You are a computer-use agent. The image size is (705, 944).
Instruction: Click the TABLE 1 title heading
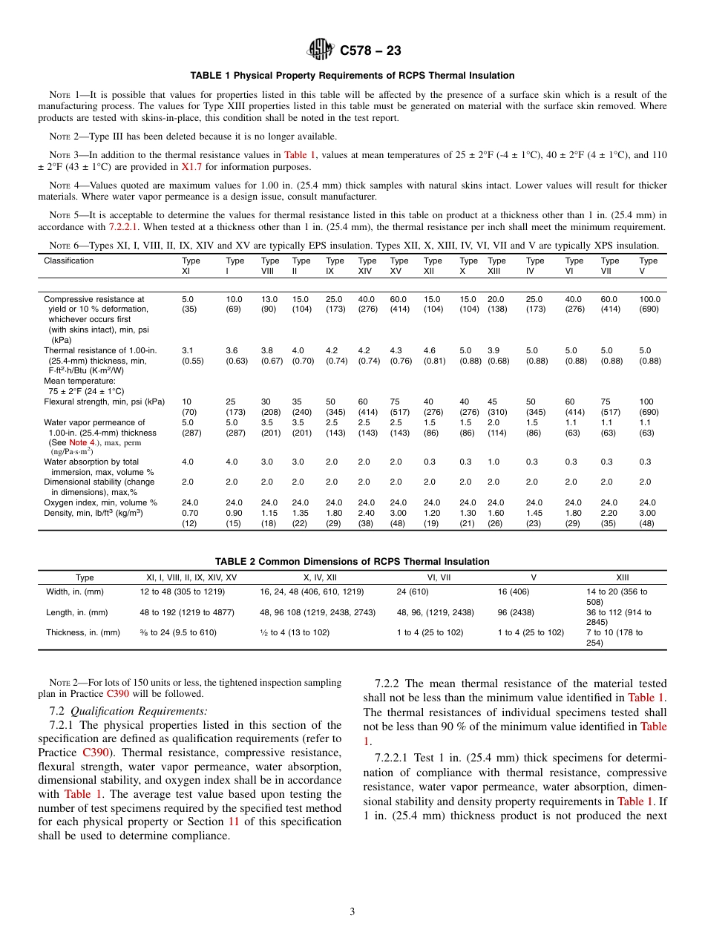pos(352,76)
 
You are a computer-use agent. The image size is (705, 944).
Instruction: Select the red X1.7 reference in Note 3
pos(191,167)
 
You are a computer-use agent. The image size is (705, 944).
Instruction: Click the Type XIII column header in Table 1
pos(496,266)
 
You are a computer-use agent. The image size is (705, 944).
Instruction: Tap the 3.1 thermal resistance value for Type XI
pos(187,350)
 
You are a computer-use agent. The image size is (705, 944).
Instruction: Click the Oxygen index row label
pos(100,502)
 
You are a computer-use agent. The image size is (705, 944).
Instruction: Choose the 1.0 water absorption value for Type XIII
pos(493,461)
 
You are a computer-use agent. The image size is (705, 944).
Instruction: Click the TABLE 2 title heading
pos(352,562)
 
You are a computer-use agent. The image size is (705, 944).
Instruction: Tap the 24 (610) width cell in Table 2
pos(413,591)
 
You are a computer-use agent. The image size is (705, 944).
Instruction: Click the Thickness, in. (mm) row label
pos(83,633)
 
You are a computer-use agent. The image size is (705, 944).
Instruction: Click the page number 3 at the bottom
pos(352,911)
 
